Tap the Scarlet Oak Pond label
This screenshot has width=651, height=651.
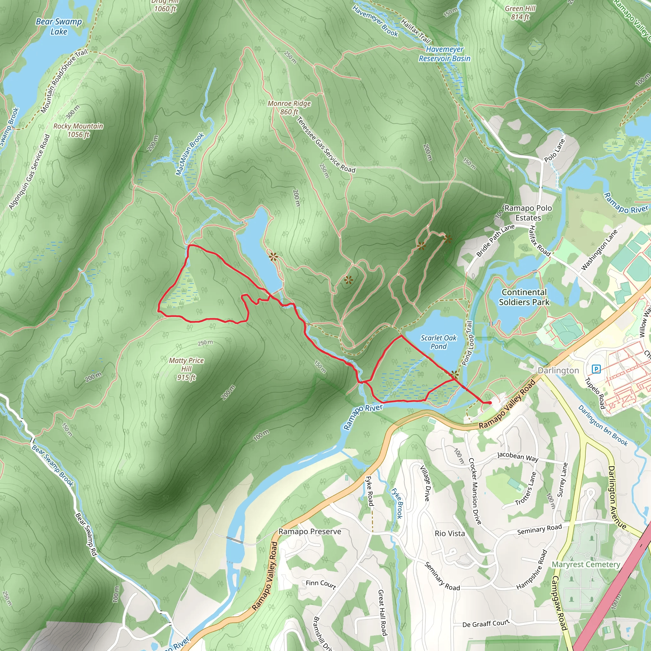point(438,342)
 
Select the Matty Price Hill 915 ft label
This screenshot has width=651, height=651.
point(186,369)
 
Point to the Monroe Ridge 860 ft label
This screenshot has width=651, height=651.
point(289,107)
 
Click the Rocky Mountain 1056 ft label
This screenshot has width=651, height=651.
point(78,130)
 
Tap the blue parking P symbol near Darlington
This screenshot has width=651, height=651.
point(596,369)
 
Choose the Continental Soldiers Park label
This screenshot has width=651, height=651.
point(524,297)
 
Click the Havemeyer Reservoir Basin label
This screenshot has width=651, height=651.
point(444,54)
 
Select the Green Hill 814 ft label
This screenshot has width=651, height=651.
point(520,13)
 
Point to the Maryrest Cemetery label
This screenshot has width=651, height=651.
point(586,564)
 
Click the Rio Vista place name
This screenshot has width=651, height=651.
point(449,533)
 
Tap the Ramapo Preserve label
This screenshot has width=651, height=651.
point(309,531)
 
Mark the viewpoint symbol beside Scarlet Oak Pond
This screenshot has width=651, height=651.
point(455,374)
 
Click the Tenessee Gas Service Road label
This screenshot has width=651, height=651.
point(325,145)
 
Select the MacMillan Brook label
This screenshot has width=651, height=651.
point(190,154)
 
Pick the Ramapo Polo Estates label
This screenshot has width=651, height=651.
point(528,213)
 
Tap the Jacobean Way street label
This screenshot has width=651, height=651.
point(517,457)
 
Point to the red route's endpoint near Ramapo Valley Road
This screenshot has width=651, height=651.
point(489,403)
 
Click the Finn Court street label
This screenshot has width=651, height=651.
point(321,584)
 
